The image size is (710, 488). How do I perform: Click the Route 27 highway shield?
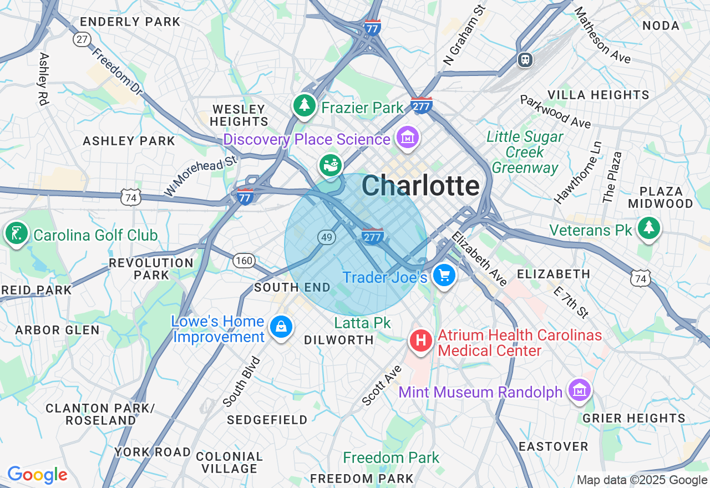click(x=82, y=39)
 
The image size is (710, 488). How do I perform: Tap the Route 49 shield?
click(x=327, y=237)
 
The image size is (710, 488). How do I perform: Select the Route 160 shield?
click(x=244, y=260)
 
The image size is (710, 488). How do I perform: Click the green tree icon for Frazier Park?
click(x=304, y=105)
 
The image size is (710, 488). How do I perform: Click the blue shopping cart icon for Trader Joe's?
click(x=444, y=275)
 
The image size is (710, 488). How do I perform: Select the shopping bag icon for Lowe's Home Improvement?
click(x=281, y=327)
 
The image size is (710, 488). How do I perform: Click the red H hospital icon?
click(x=421, y=339)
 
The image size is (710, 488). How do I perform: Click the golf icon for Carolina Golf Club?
click(x=17, y=233)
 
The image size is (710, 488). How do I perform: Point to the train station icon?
click(x=524, y=59)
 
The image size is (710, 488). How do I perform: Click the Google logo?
click(x=37, y=475)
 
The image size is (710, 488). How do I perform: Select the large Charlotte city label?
click(x=420, y=186)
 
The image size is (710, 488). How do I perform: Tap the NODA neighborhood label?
click(x=661, y=26)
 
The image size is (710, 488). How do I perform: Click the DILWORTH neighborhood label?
click(x=338, y=340)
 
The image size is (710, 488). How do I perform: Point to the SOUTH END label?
click(x=292, y=287)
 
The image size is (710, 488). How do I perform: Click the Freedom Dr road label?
click(x=117, y=71)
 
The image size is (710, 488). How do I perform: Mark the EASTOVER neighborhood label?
click(x=553, y=446)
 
